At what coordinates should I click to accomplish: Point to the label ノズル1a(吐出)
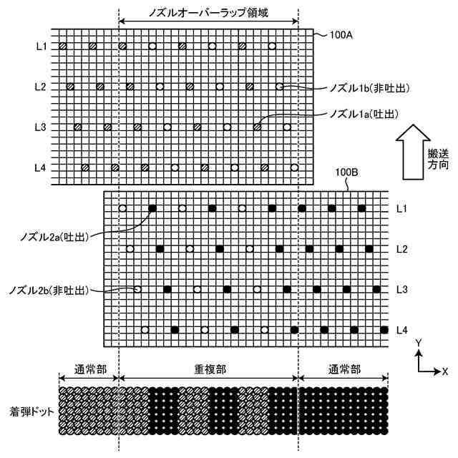click(x=363, y=114)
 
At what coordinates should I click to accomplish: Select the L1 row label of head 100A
click(x=40, y=47)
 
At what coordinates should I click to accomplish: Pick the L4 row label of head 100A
click(x=40, y=167)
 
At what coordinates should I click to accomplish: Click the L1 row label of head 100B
click(x=403, y=208)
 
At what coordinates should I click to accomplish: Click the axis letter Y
click(x=417, y=344)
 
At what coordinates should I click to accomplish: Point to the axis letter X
click(x=445, y=371)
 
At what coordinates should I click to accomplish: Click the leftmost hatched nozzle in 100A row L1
click(x=63, y=47)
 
